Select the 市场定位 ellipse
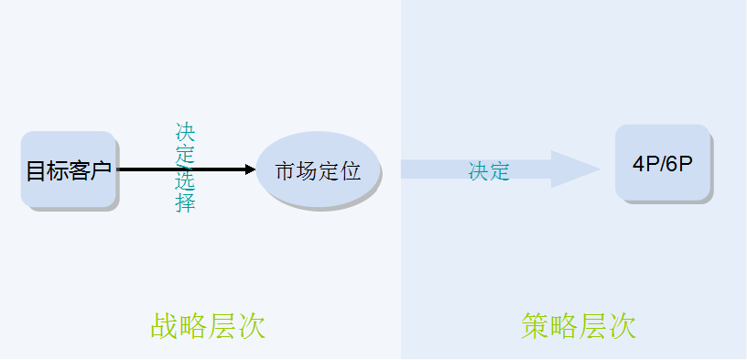317,169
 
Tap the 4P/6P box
662,163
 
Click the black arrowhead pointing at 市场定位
250,169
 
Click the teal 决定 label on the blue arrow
489,171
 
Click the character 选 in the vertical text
186,180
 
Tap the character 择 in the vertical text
186,203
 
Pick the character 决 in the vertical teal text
186,132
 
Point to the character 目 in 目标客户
36,170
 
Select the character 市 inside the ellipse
285,171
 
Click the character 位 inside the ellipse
350,171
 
